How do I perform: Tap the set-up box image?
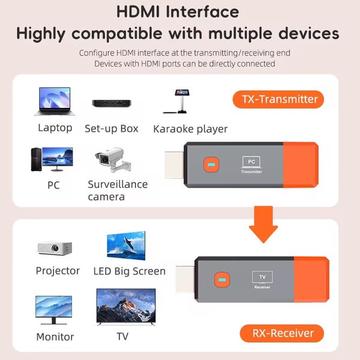pos(112,104)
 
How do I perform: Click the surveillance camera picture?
pos(110,160)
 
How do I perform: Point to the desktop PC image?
pos(52,160)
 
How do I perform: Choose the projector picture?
pos(55,247)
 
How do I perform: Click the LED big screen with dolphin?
pos(126,245)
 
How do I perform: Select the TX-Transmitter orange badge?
pos(278,99)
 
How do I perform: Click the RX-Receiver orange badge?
pos(281,334)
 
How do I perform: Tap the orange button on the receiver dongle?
pos(221,280)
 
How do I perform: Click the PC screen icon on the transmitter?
pos(251,161)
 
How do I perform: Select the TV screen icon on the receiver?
pos(262,277)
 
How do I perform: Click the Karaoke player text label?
pos(190,129)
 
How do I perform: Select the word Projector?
pos(58,271)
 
